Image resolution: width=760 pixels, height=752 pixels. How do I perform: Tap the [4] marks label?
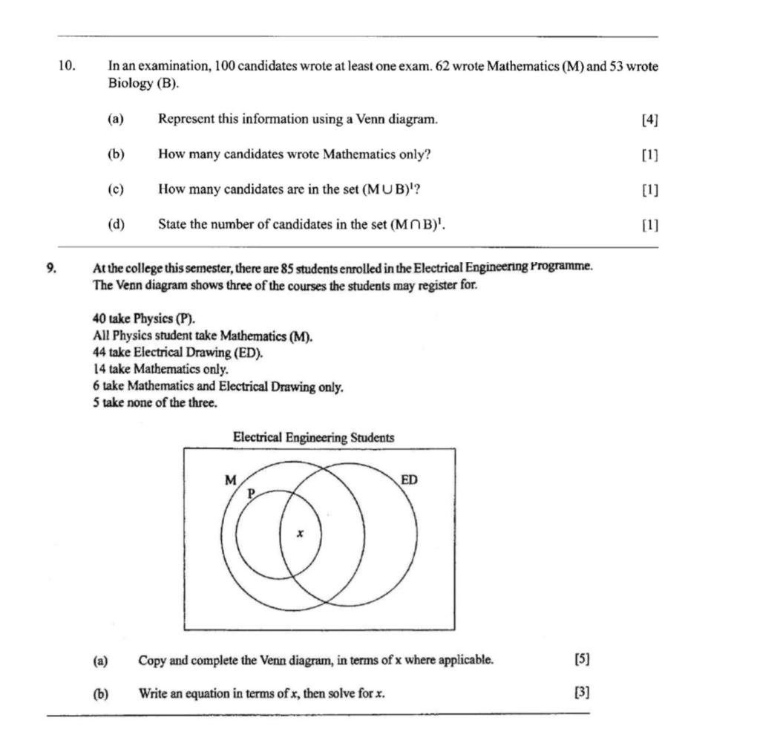(649, 120)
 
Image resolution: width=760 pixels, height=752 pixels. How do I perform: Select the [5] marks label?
(582, 659)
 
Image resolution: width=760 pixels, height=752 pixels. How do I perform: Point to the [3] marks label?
(582, 693)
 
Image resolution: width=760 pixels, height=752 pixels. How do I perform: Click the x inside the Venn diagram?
(300, 534)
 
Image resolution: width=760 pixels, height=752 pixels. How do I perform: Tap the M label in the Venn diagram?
(231, 480)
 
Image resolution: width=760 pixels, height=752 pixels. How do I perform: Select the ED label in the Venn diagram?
(409, 480)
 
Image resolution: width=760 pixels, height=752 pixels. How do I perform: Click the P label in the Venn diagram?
(251, 493)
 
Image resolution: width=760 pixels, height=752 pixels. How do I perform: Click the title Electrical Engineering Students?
(313, 437)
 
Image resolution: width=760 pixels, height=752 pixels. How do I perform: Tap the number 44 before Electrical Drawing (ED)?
(100, 353)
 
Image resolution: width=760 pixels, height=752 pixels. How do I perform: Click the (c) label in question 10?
(115, 189)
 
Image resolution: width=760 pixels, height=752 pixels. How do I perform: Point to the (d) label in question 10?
(116, 224)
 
